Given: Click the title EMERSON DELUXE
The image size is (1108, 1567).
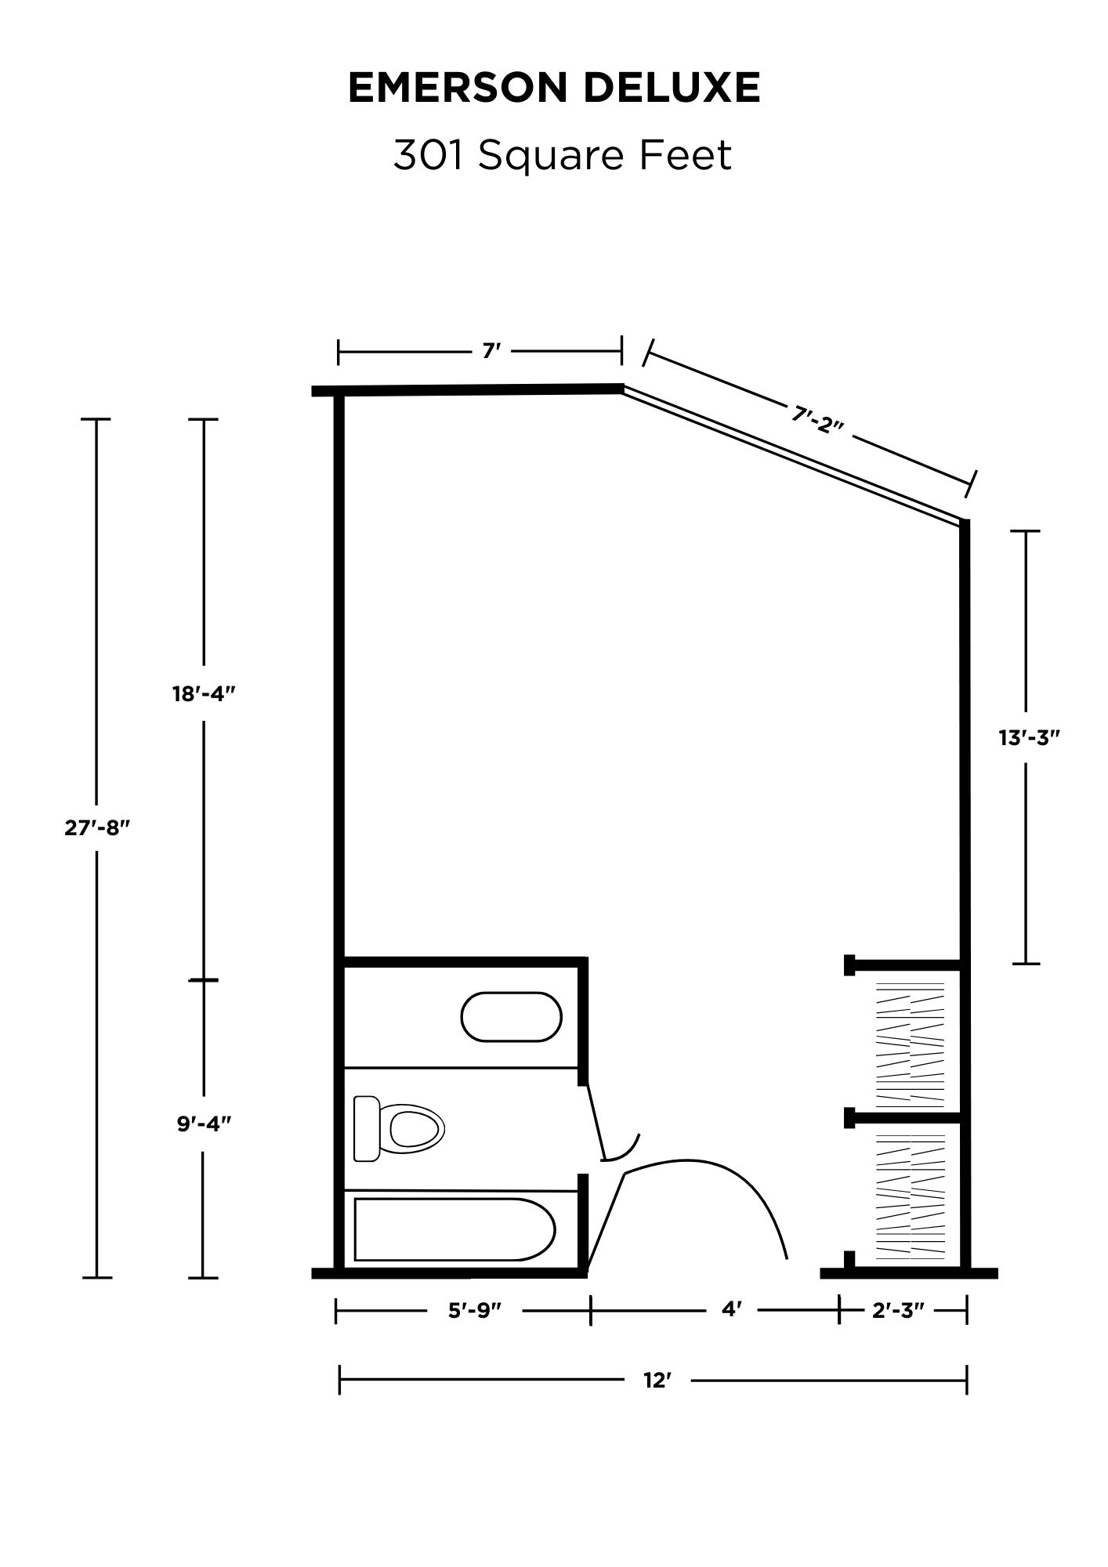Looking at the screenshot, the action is click(x=554, y=87).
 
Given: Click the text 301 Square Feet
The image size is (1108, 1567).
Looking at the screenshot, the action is click(x=562, y=154).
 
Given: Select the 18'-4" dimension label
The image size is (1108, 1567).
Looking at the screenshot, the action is click(x=205, y=693).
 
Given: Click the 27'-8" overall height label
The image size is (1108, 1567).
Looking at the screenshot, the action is click(x=96, y=828).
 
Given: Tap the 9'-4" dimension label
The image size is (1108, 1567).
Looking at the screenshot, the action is click(x=204, y=1124).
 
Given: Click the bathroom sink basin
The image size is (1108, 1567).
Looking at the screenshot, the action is click(x=511, y=1017).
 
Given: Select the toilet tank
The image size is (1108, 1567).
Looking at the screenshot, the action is click(x=366, y=1128).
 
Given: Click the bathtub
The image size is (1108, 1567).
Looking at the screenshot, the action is click(x=455, y=1229).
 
